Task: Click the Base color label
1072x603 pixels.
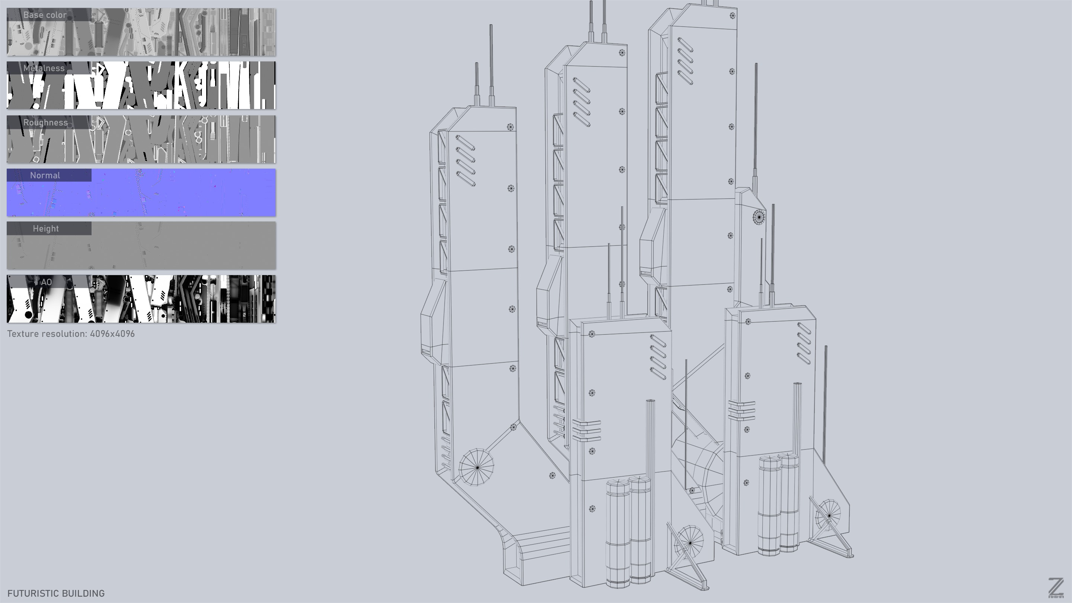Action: click(45, 15)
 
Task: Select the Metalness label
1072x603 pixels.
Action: click(44, 68)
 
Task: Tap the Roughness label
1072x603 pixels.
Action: click(45, 123)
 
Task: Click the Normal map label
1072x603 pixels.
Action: click(45, 176)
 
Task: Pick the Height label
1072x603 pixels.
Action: click(46, 229)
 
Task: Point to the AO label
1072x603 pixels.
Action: click(46, 282)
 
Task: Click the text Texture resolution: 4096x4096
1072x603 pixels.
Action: click(71, 334)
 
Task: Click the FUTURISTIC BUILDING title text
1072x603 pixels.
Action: click(56, 593)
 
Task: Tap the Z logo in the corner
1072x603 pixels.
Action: click(1055, 588)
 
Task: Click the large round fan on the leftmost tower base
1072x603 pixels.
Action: click(476, 467)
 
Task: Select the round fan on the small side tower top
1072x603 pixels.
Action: click(759, 217)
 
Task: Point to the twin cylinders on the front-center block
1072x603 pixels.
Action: click(628, 533)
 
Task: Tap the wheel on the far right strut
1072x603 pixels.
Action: click(828, 516)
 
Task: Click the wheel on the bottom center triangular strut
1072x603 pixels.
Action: click(690, 543)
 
